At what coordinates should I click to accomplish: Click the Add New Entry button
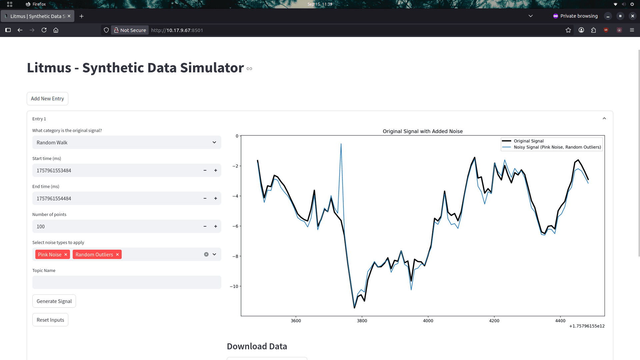(x=47, y=99)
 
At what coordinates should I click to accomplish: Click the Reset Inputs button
(x=50, y=320)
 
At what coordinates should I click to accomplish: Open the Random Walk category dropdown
(x=127, y=142)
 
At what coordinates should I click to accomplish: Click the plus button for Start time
(x=216, y=170)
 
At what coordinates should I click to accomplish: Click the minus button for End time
(x=205, y=198)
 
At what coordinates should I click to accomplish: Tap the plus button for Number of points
(x=216, y=226)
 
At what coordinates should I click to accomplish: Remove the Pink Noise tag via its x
(x=66, y=254)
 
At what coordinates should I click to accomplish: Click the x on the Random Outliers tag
(x=117, y=254)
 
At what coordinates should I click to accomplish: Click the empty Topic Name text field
(x=127, y=282)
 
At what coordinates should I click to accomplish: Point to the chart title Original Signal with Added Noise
(x=423, y=131)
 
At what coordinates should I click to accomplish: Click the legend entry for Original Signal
(x=528, y=141)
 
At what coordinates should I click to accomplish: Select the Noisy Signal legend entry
(x=557, y=147)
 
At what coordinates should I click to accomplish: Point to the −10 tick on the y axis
(x=234, y=286)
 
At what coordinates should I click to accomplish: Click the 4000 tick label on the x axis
(x=428, y=321)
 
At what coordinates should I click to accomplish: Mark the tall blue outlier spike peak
(x=341, y=144)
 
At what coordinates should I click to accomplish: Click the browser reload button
(x=44, y=30)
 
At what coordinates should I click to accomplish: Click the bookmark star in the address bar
(x=568, y=30)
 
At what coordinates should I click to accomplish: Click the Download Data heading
(x=257, y=346)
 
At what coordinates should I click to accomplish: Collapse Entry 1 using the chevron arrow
(x=604, y=119)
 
